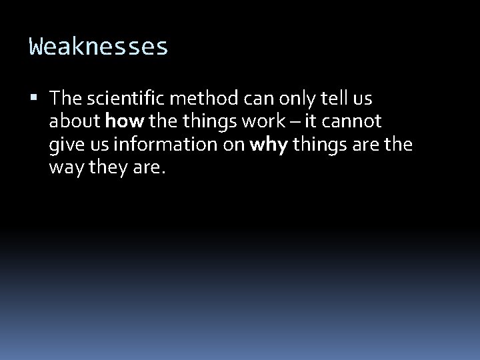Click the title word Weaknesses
tap(99, 47)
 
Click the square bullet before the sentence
tap(35, 99)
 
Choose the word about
tap(75, 121)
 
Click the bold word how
tap(121, 121)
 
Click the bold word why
tap(267, 145)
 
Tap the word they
tap(103, 167)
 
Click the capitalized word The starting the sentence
tap(65, 99)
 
